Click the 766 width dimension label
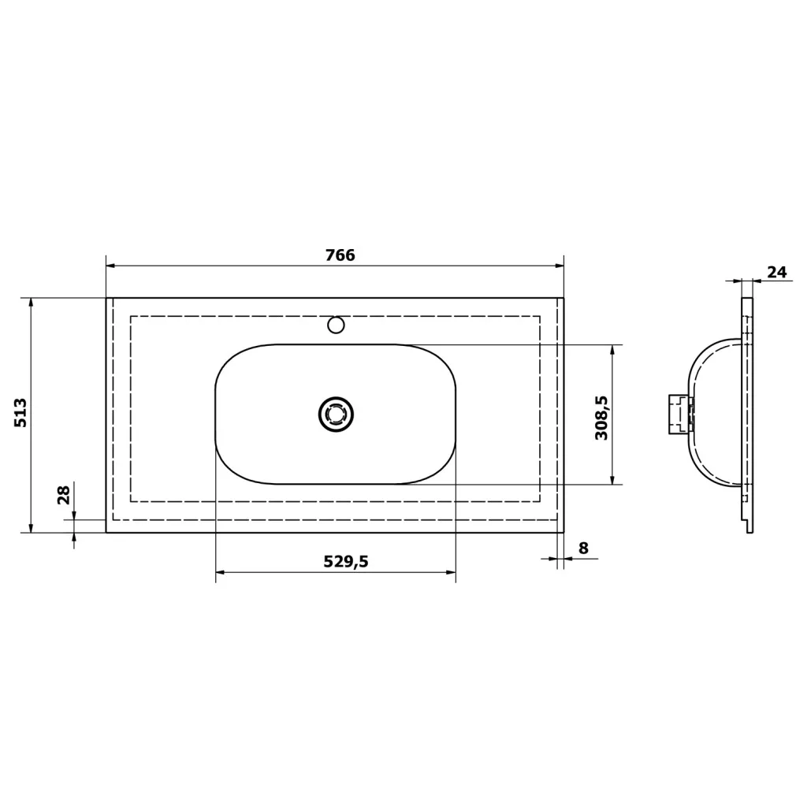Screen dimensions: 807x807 [340, 255]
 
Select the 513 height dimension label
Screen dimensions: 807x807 [20, 412]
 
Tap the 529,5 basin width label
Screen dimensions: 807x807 [346, 561]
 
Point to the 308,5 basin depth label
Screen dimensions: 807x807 [601, 418]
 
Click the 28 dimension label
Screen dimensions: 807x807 [63, 495]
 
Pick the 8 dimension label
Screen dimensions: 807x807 [583, 549]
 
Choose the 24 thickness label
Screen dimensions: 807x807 [777, 272]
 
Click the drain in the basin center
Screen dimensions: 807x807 [336, 415]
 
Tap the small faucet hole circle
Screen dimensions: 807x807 [336, 325]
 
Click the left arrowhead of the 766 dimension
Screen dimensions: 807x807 [110, 266]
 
